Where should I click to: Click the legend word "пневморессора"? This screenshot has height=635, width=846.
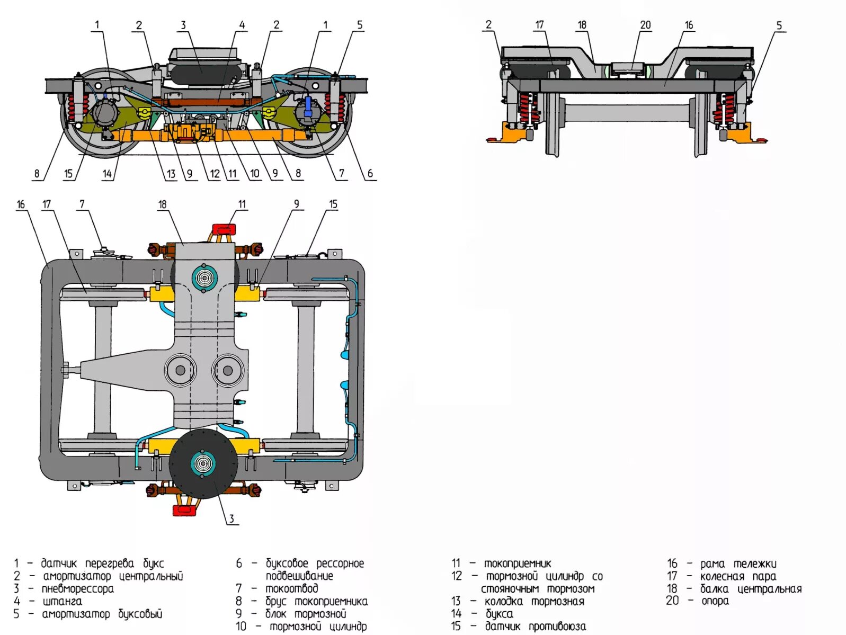[x=77, y=589]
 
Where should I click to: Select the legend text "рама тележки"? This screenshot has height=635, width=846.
[x=738, y=564]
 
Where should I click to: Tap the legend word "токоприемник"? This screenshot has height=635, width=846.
[x=517, y=564]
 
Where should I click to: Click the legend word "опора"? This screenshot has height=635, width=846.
[x=715, y=601]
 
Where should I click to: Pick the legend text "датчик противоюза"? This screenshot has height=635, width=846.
[x=535, y=627]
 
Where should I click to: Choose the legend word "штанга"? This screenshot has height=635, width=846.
[x=62, y=602]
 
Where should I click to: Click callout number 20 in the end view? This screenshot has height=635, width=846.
[x=645, y=25]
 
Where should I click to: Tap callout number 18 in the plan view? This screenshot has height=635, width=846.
[x=162, y=204]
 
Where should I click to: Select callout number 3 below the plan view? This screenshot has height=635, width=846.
[x=231, y=518]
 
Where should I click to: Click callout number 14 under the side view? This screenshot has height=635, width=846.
[x=108, y=173]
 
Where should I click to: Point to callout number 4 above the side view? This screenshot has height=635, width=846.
[x=242, y=25]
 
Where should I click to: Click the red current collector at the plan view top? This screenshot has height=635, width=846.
[x=224, y=229]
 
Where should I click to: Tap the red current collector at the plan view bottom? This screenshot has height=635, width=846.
[x=185, y=511]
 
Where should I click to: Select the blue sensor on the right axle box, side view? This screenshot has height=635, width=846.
[x=308, y=103]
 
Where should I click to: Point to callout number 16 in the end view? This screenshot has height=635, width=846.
[x=689, y=25]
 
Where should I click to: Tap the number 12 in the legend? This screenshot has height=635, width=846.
[x=457, y=576]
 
